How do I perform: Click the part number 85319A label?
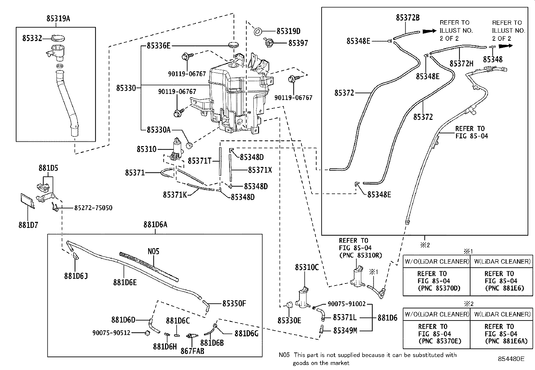click(x=58, y=19)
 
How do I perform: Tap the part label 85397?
click(x=298, y=43)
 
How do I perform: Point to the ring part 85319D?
click(x=257, y=31)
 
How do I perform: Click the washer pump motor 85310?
click(x=177, y=148)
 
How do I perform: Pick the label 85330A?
click(x=159, y=130)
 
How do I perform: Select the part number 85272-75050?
click(x=93, y=208)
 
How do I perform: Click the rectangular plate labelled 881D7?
click(x=27, y=201)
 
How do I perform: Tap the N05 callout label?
click(x=153, y=251)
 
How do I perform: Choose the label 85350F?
click(x=234, y=303)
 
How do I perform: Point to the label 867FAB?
click(x=193, y=351)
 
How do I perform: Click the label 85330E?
click(x=289, y=320)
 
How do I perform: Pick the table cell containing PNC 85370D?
click(x=436, y=281)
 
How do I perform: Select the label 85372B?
click(x=408, y=18)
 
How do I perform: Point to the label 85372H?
click(x=461, y=63)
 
